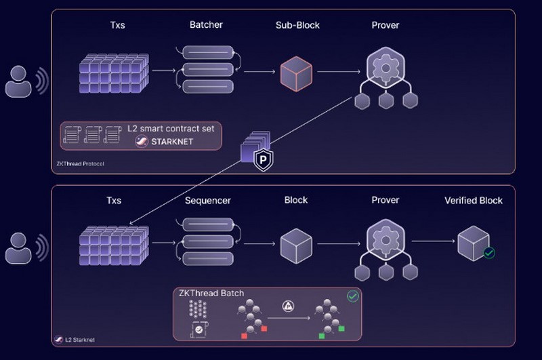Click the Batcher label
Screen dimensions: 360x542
(x=206, y=26)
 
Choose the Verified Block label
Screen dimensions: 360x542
(x=474, y=201)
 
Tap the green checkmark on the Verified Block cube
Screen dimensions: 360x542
(x=488, y=253)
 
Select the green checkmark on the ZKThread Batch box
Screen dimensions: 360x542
(x=352, y=296)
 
